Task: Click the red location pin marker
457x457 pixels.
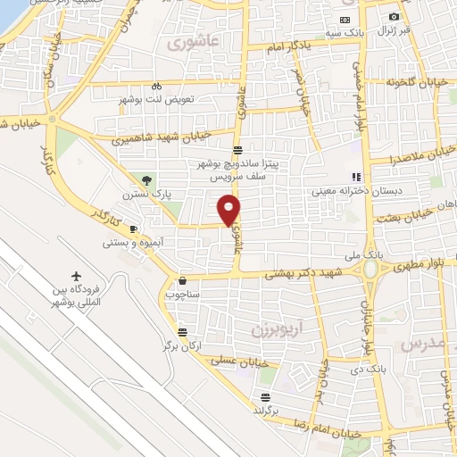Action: click(229, 209)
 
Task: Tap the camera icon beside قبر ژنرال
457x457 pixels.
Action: click(394, 16)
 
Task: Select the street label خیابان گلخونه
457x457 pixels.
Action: click(414, 83)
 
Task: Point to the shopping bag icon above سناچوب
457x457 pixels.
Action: click(182, 279)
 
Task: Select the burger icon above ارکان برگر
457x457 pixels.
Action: click(182, 328)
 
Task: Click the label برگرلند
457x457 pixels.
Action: click(265, 410)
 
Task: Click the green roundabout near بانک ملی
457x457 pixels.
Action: click(370, 269)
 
